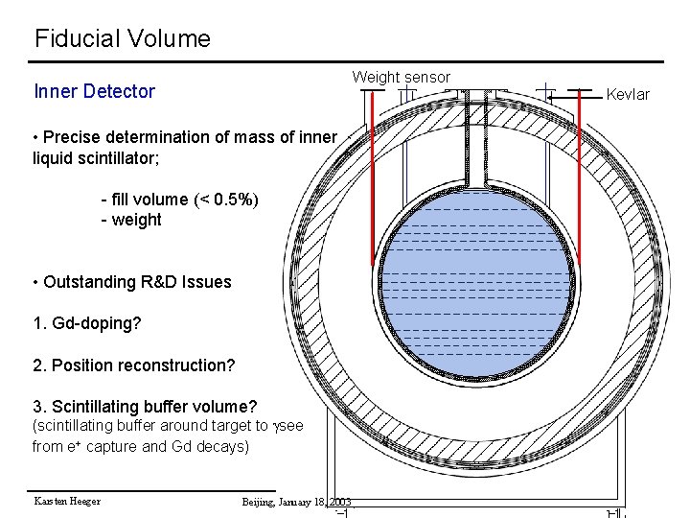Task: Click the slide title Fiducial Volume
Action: [122, 39]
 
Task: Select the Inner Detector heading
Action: [94, 92]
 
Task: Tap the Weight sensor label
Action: [401, 77]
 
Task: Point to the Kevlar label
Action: [628, 94]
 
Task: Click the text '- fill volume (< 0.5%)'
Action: [179, 200]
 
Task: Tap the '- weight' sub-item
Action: [131, 220]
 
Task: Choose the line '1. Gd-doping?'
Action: [87, 323]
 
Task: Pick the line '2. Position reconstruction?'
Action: [133, 365]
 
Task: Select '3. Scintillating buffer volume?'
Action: [145, 406]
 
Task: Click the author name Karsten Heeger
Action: [67, 501]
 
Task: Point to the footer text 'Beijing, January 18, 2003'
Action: [296, 502]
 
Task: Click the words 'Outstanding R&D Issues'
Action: [137, 282]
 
